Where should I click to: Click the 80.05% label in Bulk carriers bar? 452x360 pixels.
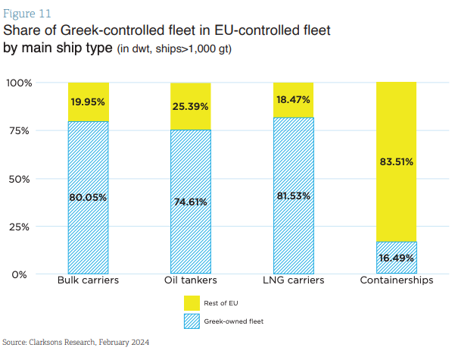(88, 198)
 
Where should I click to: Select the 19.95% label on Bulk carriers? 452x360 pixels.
(88, 102)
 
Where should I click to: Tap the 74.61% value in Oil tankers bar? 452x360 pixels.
(191, 202)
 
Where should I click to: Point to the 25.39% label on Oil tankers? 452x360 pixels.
(191, 106)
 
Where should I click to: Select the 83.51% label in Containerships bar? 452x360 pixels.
(396, 161)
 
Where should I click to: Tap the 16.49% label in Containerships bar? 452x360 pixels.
(396, 258)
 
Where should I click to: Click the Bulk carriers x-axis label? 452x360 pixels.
(88, 281)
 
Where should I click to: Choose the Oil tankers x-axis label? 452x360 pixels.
(191, 281)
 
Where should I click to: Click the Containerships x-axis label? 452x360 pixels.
(396, 281)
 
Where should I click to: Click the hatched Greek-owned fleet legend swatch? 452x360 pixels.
(192, 321)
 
